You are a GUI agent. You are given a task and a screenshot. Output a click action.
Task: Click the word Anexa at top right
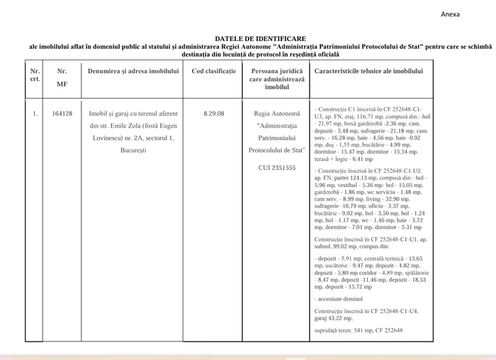pos(450,14)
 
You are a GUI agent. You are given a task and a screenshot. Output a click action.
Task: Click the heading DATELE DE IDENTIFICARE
pos(261,38)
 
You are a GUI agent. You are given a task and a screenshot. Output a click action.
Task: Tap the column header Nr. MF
pos(62,77)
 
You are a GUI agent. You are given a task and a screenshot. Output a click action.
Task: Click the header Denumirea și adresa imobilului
pos(133,72)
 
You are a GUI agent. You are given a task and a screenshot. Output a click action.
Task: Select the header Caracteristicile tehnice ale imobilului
pos(368,72)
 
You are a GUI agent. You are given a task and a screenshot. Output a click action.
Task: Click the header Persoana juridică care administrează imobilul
pos(277,79)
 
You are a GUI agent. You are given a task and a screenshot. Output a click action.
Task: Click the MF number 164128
pos(62,113)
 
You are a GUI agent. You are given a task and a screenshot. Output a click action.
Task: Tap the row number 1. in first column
pos(35,113)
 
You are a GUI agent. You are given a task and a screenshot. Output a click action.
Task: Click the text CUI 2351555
pos(276,168)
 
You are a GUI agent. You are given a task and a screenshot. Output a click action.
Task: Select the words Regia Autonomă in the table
pos(276,113)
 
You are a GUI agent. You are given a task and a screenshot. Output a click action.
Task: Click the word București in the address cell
pos(133,150)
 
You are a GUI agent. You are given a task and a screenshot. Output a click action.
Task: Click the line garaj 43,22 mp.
pos(334,319)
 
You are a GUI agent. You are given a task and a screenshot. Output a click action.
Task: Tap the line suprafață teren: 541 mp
pos(358,330)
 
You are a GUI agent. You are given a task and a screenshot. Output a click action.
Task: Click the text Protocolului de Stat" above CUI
pos(276,150)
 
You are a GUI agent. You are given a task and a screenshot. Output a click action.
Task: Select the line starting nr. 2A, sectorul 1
pos(133,137)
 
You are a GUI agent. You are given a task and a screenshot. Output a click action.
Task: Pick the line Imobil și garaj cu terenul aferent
pos(133,113)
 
